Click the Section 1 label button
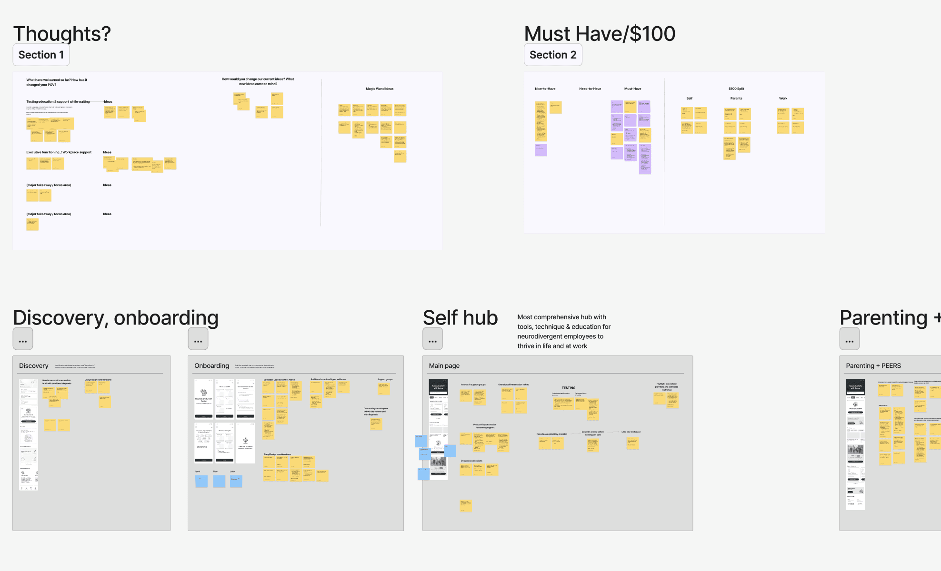coord(41,55)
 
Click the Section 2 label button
coord(552,55)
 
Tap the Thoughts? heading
coord(62,34)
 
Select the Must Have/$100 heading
coord(600,34)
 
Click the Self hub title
coord(460,317)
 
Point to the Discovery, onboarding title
coord(116,317)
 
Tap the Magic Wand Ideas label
coord(380,89)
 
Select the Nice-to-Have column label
coord(545,89)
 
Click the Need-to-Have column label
coord(590,89)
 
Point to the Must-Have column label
coord(632,89)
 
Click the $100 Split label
coord(736,89)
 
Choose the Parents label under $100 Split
coord(736,98)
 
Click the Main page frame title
coord(444,366)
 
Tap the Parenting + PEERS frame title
coord(873,366)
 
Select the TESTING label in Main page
coord(568,388)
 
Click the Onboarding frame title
coord(211,366)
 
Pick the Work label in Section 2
coord(783,98)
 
